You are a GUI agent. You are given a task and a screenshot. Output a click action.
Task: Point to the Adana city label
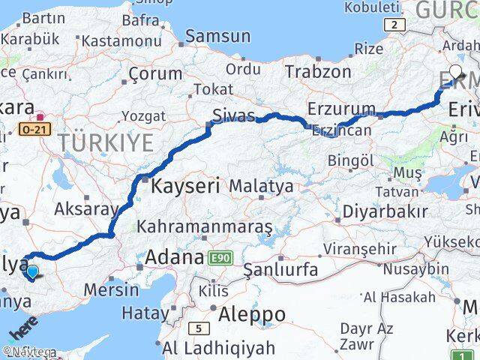tap(174, 257)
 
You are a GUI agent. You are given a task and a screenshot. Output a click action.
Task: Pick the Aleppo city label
tap(251, 314)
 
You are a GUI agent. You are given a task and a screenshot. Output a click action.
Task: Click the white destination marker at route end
tap(455, 73)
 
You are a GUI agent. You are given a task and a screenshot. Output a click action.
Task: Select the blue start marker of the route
tap(32, 272)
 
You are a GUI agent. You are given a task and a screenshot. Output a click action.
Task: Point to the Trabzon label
tap(318, 72)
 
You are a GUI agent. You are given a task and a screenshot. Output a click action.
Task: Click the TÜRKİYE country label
tap(106, 142)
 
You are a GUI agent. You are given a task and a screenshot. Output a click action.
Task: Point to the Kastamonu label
tap(121, 40)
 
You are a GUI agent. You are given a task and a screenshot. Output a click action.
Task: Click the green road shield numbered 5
tap(198, 328)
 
